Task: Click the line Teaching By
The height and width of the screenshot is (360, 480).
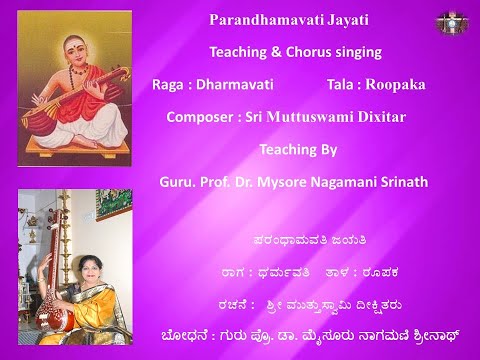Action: pos(297,151)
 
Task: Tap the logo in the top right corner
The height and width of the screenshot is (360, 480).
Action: pos(447,21)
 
